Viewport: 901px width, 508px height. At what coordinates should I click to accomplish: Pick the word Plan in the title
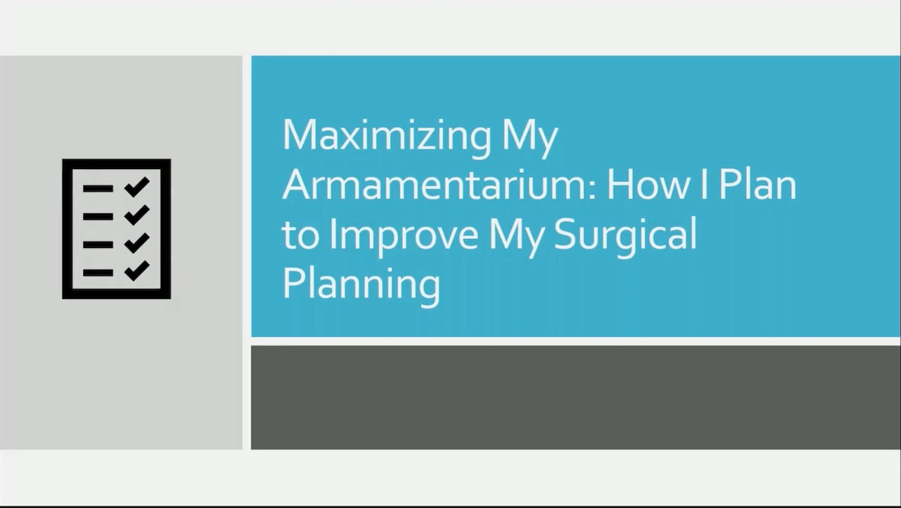(758, 185)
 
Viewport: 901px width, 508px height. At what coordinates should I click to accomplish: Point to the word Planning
(361, 286)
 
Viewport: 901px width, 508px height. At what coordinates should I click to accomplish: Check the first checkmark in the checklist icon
(137, 186)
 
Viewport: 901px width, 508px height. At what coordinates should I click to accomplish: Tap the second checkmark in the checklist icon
(137, 215)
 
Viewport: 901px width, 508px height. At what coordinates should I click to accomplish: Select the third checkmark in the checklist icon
(137, 243)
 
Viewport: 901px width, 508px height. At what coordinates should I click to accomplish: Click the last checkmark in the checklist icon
(137, 271)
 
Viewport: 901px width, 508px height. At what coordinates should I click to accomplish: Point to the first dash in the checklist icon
(98, 188)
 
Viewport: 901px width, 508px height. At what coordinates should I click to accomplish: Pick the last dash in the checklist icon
(98, 272)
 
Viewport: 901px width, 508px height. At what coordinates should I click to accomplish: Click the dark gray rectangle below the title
(575, 397)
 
